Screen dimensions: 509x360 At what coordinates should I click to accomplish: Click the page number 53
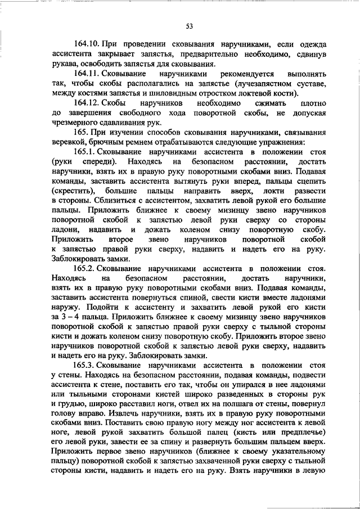190,25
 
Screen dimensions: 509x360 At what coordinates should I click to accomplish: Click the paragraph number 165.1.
85,152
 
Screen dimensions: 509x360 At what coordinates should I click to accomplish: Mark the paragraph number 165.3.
85,366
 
